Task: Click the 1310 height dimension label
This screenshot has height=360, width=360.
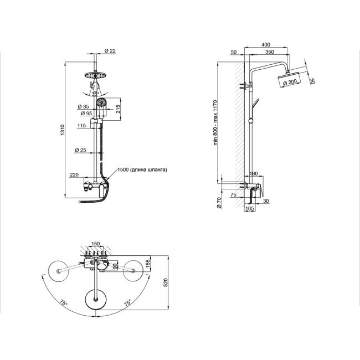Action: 63,131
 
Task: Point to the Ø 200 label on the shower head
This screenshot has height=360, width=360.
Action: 289,83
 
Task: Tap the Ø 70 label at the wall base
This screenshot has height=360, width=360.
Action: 219,203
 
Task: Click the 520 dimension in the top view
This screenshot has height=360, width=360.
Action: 165,282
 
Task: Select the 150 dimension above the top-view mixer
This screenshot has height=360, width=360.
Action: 95,243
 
